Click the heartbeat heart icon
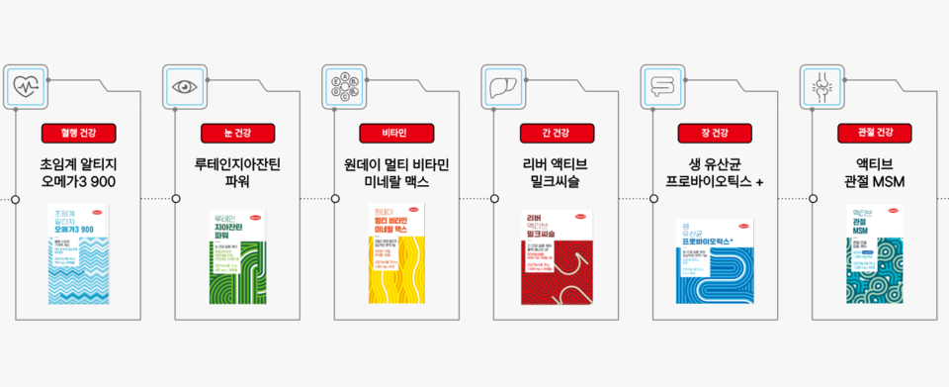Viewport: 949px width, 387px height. (x=25, y=85)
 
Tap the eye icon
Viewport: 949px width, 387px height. (x=184, y=85)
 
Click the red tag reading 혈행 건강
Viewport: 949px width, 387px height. (x=79, y=132)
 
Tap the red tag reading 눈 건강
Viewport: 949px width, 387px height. (x=238, y=132)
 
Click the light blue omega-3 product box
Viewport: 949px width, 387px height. (x=79, y=253)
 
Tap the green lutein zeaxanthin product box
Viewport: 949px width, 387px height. (x=238, y=253)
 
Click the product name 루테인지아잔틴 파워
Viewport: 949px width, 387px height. (x=238, y=172)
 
